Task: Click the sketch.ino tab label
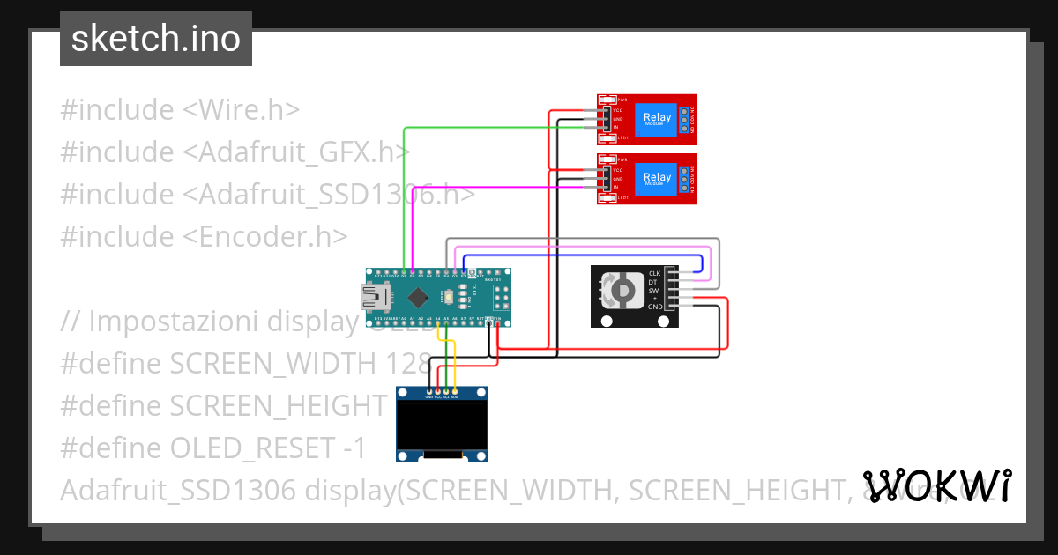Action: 155,39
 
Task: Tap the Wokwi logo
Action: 936,485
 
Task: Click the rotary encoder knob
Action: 622,290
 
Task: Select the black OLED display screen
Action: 442,425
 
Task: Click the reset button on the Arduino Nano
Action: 450,297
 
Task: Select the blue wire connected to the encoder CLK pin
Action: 582,255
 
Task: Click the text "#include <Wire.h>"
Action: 180,110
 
